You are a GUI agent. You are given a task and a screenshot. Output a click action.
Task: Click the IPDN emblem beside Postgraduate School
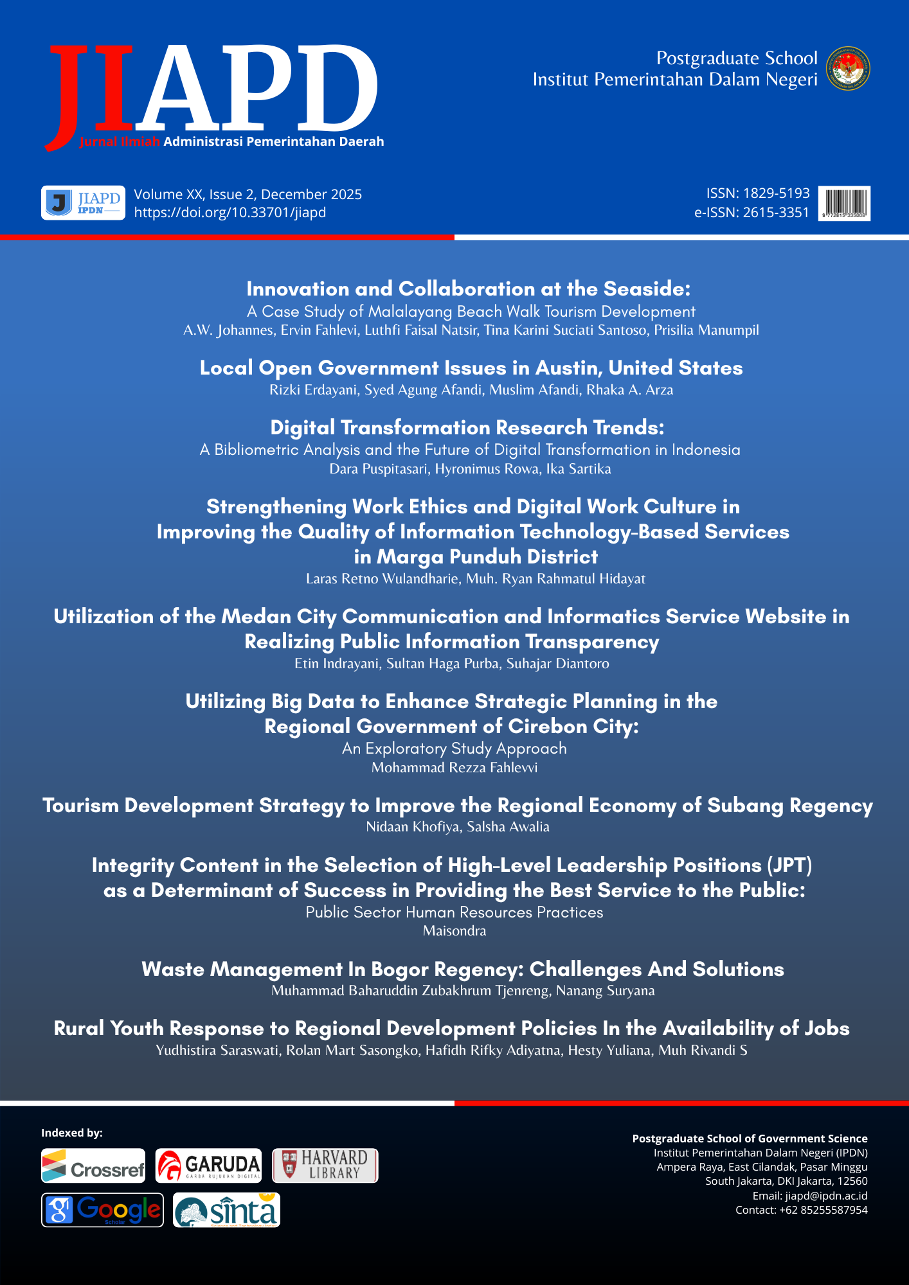[x=848, y=68]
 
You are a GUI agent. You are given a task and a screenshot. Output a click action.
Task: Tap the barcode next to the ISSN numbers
[x=845, y=203]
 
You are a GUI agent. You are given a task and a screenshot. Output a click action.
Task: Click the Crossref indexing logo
[x=93, y=1165]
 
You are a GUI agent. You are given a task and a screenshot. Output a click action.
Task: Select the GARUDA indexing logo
[x=208, y=1165]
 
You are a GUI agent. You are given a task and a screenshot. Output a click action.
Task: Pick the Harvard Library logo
[x=325, y=1165]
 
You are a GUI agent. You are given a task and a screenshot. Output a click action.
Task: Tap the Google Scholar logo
[x=102, y=1210]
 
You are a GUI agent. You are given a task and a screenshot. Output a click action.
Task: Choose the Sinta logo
[x=226, y=1210]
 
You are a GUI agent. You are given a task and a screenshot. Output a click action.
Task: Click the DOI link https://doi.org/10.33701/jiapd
[x=230, y=213]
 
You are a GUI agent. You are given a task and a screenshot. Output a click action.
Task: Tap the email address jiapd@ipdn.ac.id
[x=826, y=1196]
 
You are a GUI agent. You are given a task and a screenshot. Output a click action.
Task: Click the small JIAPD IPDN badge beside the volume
[x=83, y=203]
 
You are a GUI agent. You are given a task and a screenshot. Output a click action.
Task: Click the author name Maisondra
[x=455, y=930]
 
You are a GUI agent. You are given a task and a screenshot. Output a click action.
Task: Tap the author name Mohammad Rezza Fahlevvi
[x=455, y=767]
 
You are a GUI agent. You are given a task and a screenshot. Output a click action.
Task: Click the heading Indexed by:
[x=72, y=1133]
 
